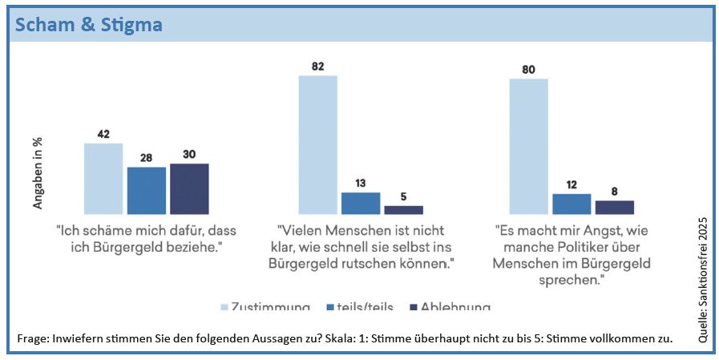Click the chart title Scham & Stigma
click(x=88, y=26)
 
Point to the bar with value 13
click(x=361, y=204)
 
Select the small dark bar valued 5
click(x=403, y=210)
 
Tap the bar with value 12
click(x=572, y=204)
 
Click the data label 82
click(x=318, y=66)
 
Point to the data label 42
click(x=103, y=134)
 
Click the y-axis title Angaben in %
click(x=38, y=173)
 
